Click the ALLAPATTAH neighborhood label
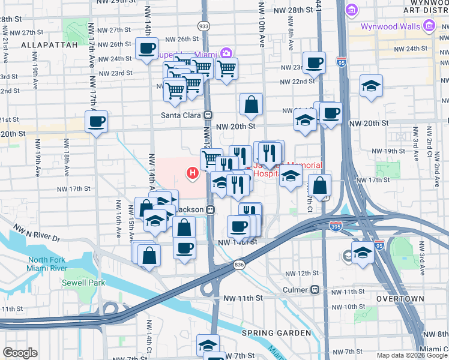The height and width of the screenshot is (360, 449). (49, 45)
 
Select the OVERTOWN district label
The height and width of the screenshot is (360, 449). (400, 298)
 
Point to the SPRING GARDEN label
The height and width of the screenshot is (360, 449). (276, 333)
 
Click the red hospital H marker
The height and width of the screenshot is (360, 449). (193, 174)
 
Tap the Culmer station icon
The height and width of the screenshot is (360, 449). (315, 290)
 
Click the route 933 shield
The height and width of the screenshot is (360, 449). (204, 26)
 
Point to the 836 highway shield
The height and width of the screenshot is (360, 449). (240, 264)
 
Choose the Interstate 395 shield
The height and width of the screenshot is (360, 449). (336, 226)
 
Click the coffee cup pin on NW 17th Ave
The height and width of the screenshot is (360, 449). (96, 122)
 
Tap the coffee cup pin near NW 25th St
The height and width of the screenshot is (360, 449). (146, 48)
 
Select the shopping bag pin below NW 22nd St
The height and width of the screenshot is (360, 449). (251, 104)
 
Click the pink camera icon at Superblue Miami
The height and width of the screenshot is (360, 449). (226, 53)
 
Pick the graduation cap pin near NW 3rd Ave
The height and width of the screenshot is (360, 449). (372, 85)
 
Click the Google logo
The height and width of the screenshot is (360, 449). (20, 353)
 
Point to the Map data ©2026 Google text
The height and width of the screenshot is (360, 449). (411, 355)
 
